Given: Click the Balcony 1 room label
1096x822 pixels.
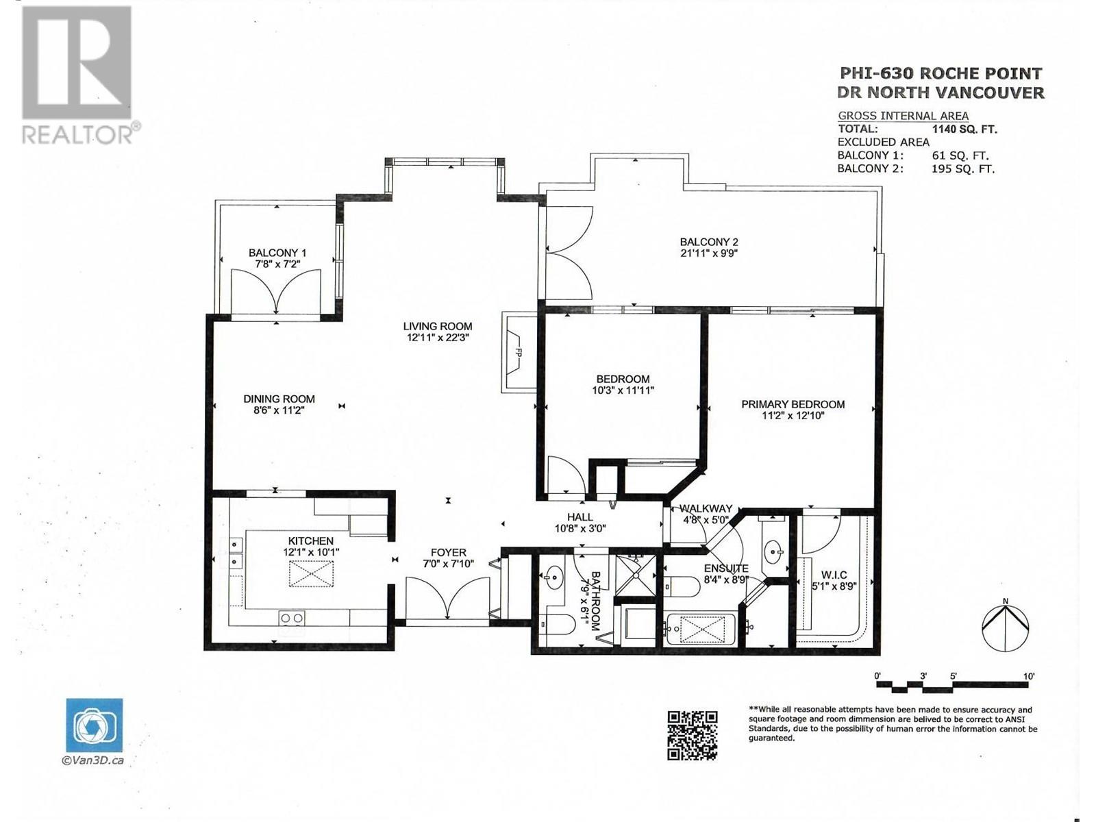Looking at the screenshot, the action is coord(277,253).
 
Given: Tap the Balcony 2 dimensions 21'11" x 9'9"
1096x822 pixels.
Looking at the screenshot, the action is coord(708,253).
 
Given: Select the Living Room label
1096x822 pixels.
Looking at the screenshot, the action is coord(438,327).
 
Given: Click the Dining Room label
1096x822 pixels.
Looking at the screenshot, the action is coord(279,399).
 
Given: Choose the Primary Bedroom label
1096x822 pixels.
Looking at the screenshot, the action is coord(793,404).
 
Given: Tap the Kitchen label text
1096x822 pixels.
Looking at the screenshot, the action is coord(310,540).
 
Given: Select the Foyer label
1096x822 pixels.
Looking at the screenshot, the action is coord(449,553).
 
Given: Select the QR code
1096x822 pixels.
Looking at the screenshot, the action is coord(693,735).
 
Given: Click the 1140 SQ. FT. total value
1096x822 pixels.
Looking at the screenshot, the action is coord(964,129).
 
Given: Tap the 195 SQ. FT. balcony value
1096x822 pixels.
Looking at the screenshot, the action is coord(963,169).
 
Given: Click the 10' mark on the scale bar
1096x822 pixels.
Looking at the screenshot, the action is coord(1029,676).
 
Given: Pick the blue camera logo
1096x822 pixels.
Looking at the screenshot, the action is coord(95,725).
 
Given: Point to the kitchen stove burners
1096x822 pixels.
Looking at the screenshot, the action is coord(292,618).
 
